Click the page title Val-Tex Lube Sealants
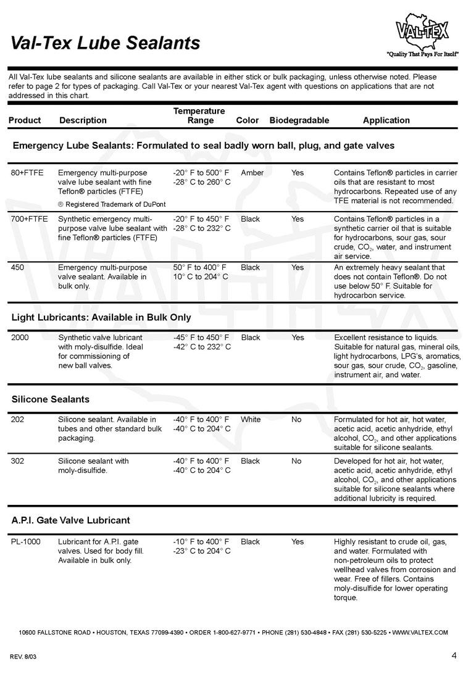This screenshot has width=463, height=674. [106, 43]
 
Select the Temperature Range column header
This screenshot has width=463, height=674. [199, 115]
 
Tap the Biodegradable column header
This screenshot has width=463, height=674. [299, 120]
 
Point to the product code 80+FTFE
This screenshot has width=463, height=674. [27, 173]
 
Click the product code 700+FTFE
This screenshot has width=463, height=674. [30, 219]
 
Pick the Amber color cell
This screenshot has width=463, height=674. [252, 173]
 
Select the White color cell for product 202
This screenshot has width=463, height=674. [251, 420]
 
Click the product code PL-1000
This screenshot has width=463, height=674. [27, 542]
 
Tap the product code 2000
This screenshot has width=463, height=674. [20, 338]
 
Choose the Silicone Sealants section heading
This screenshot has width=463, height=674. [51, 399]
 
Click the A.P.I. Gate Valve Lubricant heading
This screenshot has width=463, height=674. [70, 520]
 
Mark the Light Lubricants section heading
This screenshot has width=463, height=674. [101, 318]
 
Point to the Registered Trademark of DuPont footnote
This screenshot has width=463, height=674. [112, 204]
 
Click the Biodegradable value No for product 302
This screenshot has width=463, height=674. [297, 461]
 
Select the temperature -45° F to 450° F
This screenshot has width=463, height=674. [201, 338]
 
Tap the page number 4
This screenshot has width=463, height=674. [454, 654]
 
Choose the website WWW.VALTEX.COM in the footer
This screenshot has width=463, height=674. [420, 633]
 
